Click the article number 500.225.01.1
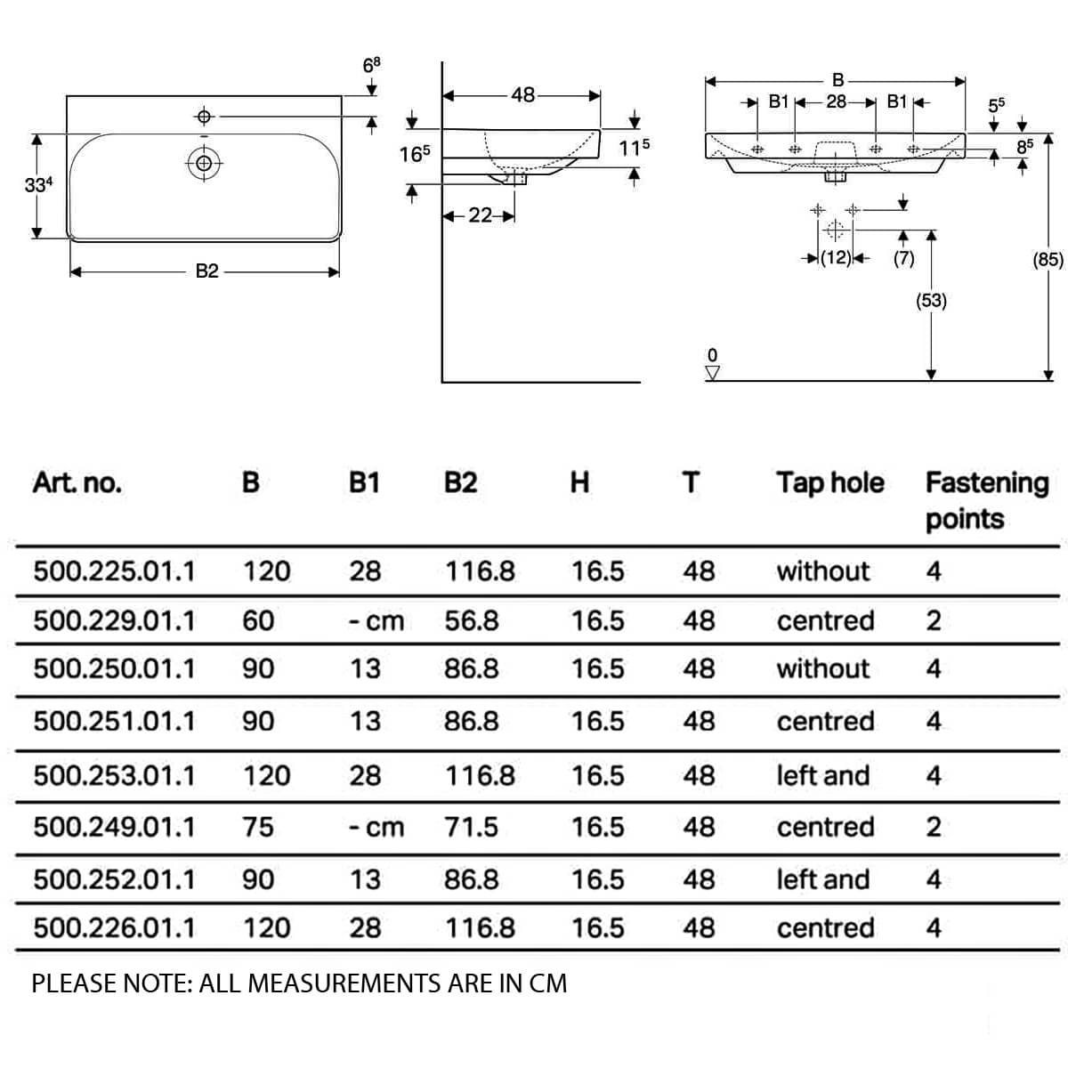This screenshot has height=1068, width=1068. [x=114, y=571]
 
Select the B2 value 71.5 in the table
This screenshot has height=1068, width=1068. [x=471, y=828]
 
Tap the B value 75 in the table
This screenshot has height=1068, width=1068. [x=258, y=828]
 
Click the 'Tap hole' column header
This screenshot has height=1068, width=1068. [x=830, y=483]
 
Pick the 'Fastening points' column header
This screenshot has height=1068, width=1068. [x=987, y=501]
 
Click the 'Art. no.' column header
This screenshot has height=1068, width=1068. [x=77, y=483]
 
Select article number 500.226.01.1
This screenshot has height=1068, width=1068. [x=114, y=928]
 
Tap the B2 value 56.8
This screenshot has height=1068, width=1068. [x=472, y=620]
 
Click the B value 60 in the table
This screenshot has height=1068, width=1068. [x=258, y=620]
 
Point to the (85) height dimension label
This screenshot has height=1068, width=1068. [x=1048, y=259]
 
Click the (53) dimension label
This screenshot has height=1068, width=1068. [x=931, y=301]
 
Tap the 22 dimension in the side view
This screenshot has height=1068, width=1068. [x=480, y=215]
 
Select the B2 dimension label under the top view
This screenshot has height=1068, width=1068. [x=207, y=271]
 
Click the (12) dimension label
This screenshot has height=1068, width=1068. [x=836, y=258]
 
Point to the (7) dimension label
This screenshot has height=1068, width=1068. [x=903, y=258]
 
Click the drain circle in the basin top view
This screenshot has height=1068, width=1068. [x=204, y=163]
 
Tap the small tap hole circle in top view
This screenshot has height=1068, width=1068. [x=204, y=117]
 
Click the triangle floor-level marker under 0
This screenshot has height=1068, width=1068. [x=713, y=372]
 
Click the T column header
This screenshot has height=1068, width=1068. [x=691, y=482]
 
